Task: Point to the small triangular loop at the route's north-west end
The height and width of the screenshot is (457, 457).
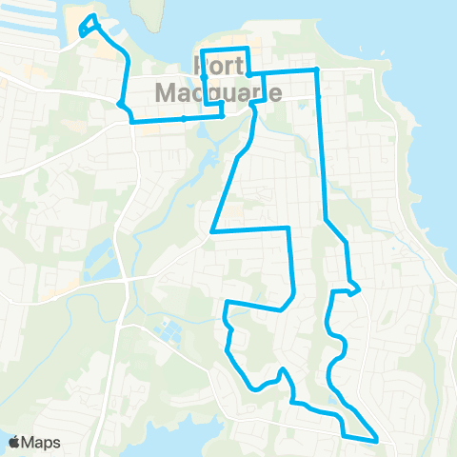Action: [89, 25]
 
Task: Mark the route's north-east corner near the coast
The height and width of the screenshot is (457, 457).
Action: [316, 70]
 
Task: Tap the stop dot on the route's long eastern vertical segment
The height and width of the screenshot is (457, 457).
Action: [320, 96]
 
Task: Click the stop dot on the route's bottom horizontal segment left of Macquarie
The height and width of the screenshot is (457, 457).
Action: [183, 119]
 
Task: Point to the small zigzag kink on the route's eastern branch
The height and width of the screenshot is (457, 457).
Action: [353, 288]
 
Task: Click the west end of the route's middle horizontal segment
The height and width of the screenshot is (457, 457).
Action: [211, 230]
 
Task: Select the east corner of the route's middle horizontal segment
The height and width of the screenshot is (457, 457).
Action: [288, 228]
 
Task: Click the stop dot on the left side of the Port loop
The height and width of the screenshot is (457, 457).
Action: [204, 74]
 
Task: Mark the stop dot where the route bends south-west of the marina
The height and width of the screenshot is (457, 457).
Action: [121, 104]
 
